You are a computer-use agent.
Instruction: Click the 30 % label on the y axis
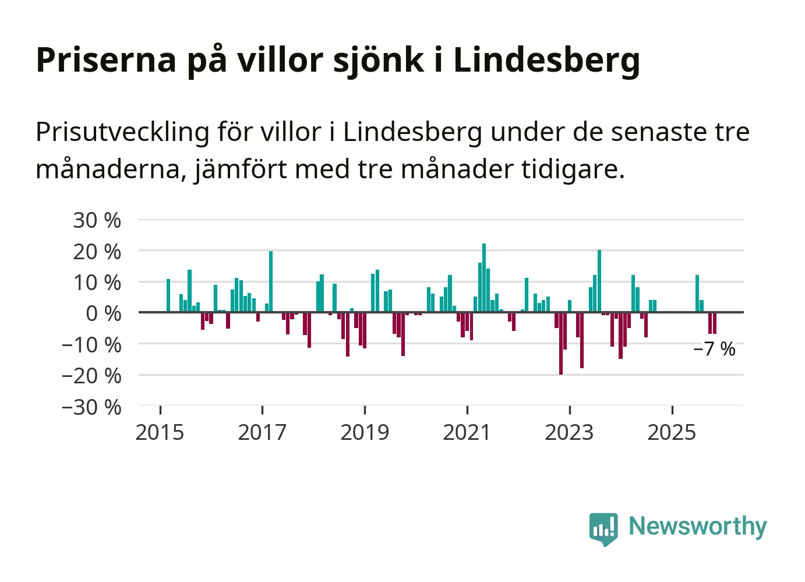pos(97,221)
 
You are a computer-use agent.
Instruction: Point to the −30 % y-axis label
pos(91,407)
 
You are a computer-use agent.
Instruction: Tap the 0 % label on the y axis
pos(103,313)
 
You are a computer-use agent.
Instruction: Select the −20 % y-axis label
pos(91,376)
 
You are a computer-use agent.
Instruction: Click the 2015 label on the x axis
pos(160,433)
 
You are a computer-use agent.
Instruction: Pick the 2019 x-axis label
pos(365,433)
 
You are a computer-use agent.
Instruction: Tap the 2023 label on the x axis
pos(569,433)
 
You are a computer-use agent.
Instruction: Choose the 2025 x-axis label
pos(672,433)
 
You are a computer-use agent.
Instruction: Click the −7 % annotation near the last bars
pos(714,349)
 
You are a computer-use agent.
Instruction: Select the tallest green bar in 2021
pos(484,278)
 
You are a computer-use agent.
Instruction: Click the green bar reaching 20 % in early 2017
pos(271,281)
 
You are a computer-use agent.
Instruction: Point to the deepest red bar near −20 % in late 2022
pos(561,343)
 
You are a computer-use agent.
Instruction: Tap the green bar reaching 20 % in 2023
pos(599,281)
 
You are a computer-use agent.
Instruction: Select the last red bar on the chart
pos(715,323)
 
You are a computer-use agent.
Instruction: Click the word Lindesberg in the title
pos(546,60)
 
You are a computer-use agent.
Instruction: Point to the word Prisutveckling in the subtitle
pos(122,132)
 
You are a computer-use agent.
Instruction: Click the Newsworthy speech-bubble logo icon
pos(603,528)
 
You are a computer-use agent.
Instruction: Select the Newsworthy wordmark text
pos(697,526)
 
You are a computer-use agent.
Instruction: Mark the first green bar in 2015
pos(168,295)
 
